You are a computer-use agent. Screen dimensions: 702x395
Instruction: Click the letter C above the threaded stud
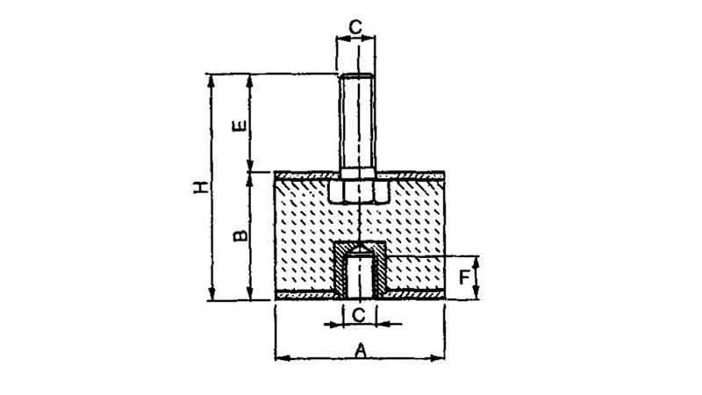(355, 27)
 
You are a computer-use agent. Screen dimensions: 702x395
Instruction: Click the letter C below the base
(359, 315)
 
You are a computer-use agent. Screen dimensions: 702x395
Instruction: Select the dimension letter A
(361, 350)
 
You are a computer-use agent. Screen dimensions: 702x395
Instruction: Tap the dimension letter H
(201, 187)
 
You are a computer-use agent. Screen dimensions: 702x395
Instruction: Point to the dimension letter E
(240, 126)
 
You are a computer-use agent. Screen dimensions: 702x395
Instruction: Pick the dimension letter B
(240, 235)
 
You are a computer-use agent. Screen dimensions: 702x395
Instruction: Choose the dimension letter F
(464, 278)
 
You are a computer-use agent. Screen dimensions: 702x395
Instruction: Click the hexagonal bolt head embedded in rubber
(358, 191)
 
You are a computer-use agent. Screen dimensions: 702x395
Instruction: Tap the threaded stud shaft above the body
(357, 121)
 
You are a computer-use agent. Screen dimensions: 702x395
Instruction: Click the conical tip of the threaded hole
(359, 247)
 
